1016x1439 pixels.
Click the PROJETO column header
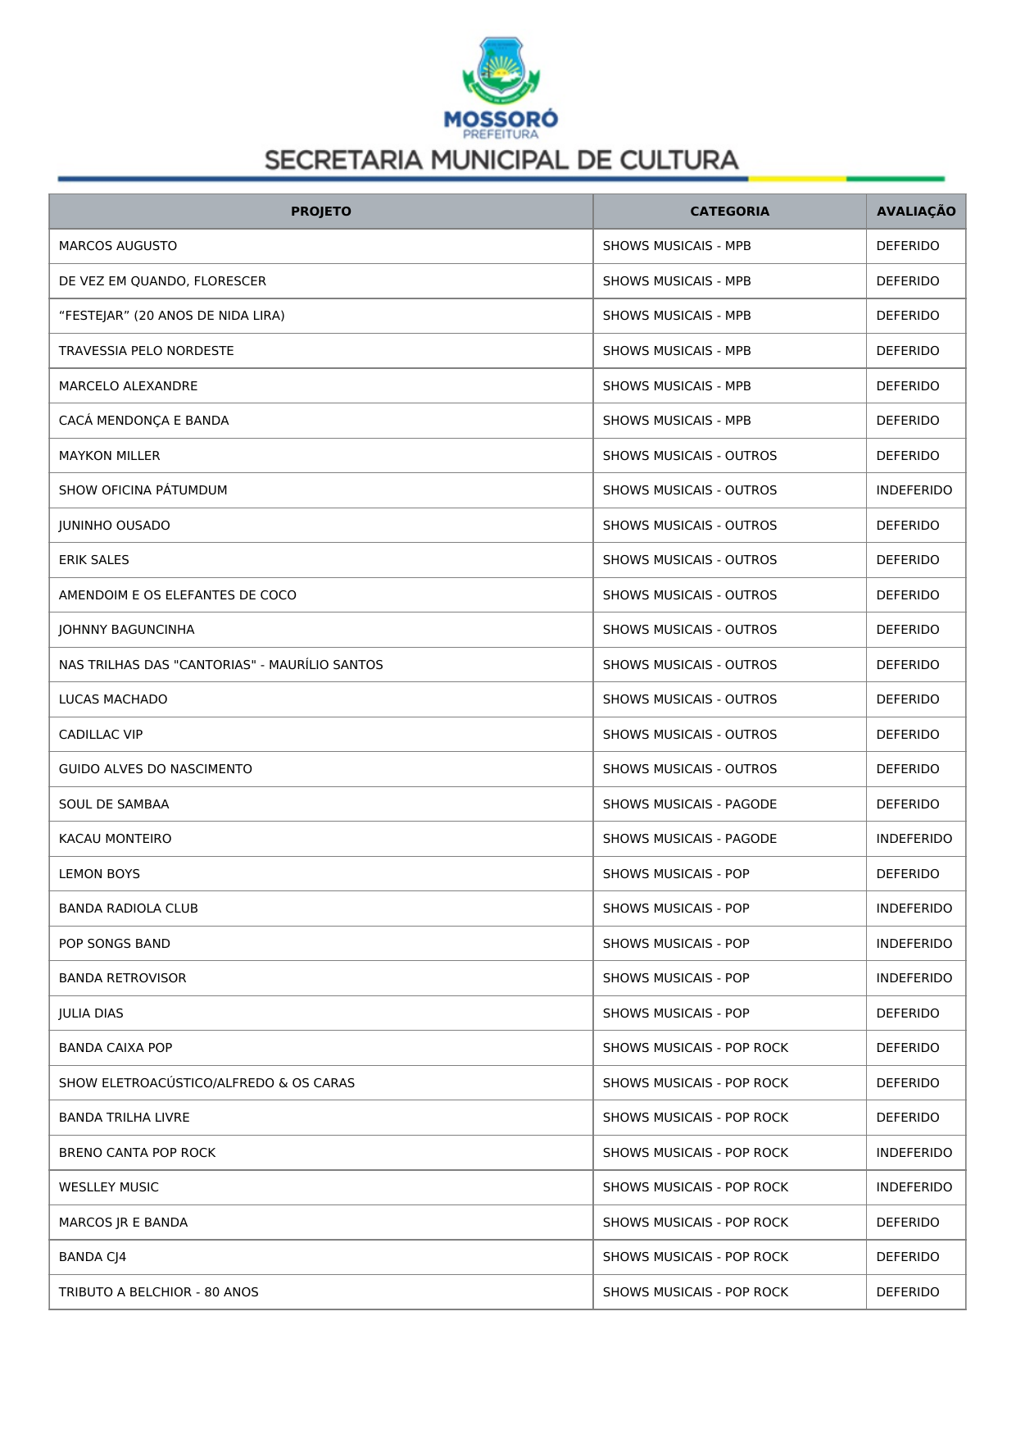coord(320,212)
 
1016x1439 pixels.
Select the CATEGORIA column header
coord(729,212)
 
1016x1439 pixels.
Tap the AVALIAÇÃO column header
coord(915,212)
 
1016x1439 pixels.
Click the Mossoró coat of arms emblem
coord(501,71)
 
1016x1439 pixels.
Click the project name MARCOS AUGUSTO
coord(118,246)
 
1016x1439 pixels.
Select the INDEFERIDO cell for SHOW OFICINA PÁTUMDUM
coord(914,490)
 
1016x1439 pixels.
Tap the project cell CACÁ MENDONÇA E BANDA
coord(144,421)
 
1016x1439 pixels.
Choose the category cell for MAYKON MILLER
coord(689,456)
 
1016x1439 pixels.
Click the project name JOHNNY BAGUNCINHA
coord(127,630)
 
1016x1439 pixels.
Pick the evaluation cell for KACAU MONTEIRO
coord(914,839)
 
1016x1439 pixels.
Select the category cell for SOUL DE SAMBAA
coord(689,804)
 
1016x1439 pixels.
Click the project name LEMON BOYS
coord(99,874)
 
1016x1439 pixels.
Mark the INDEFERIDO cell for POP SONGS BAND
coord(914,944)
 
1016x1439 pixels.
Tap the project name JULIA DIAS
coord(91,1013)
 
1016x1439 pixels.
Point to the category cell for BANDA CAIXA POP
coord(695,1048)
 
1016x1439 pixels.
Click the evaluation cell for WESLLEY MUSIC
coord(914,1187)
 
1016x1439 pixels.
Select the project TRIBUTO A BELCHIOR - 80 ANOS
coord(159,1292)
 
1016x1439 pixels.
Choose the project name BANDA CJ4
coord(93,1257)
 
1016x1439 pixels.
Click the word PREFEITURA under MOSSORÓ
coord(501,134)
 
